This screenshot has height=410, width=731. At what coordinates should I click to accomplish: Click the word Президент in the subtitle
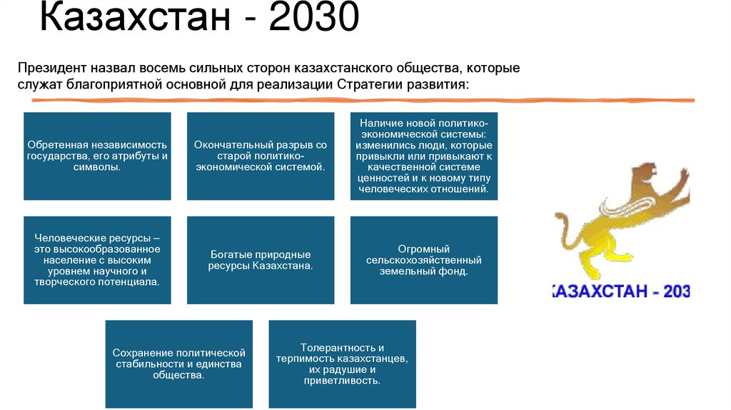click(53, 69)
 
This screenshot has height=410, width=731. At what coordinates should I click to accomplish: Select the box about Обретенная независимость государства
click(97, 156)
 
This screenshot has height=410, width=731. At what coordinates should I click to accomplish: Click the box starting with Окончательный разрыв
click(261, 156)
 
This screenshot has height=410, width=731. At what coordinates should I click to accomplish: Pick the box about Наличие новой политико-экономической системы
click(424, 156)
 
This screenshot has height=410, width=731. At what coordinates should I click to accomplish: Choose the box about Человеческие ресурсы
click(97, 260)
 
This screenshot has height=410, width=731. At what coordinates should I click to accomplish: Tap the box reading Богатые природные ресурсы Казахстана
click(261, 260)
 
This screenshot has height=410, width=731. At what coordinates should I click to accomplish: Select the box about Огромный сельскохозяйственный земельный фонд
click(424, 260)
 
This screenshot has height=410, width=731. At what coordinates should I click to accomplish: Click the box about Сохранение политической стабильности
click(178, 364)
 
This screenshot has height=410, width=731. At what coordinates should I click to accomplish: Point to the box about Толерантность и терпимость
click(342, 364)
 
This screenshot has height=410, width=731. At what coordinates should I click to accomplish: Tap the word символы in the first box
click(97, 166)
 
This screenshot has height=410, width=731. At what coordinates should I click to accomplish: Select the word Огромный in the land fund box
click(424, 249)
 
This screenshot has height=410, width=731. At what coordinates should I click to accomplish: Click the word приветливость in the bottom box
click(342, 381)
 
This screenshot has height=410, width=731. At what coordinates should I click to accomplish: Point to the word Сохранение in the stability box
click(140, 353)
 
